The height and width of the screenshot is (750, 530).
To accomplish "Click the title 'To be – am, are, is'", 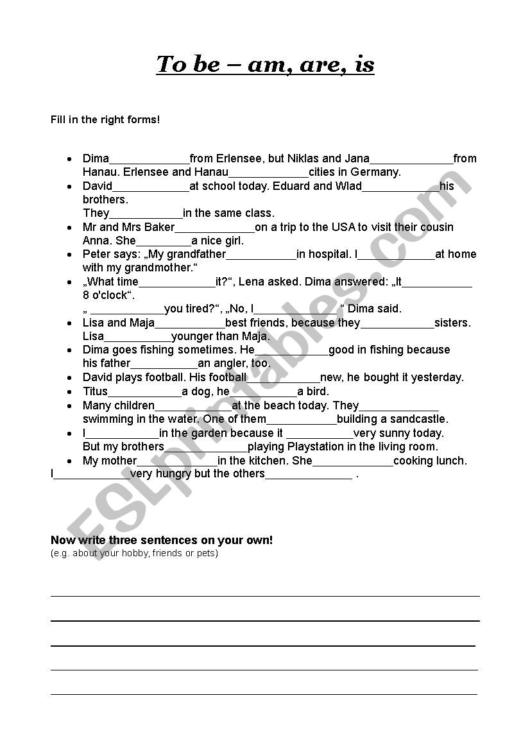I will pyautogui.click(x=265, y=64).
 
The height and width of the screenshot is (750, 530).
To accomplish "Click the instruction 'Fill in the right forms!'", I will pyautogui.click(x=105, y=119).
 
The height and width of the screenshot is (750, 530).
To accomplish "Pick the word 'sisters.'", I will pyautogui.click(x=452, y=323).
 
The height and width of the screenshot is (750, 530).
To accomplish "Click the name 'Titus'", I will pyautogui.click(x=95, y=391).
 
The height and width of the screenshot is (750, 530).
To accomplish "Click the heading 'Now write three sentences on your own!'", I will pyautogui.click(x=162, y=540).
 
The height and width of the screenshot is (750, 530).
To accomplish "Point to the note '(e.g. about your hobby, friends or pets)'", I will pyautogui.click(x=134, y=553).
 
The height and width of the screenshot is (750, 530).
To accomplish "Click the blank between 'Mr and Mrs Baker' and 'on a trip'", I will pyautogui.click(x=214, y=228).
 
